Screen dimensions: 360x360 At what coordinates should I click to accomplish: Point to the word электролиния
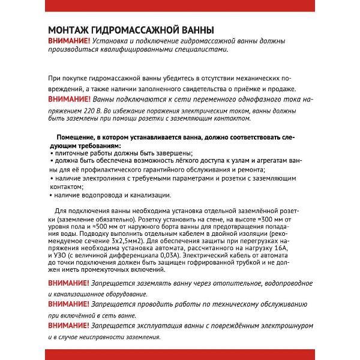coord(103,178)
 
